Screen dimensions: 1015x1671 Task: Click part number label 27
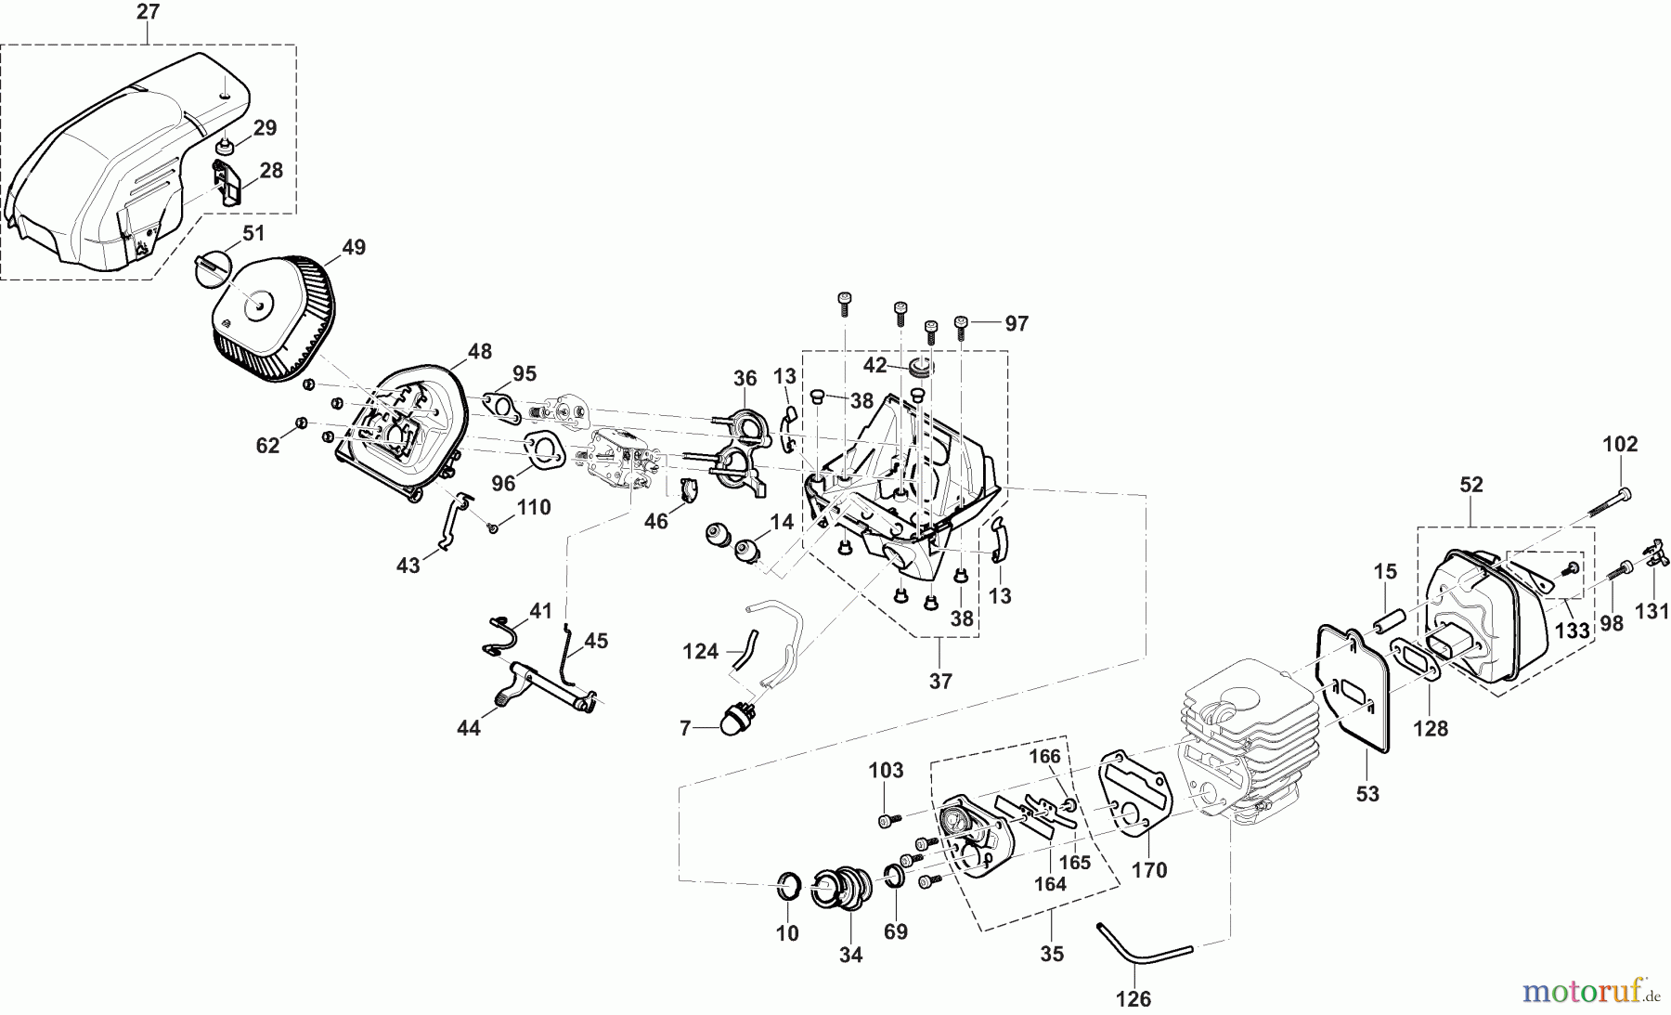pos(148,12)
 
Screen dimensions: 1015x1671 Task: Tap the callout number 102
pos(1621,444)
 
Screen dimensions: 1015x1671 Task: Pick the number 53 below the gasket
pos(1367,794)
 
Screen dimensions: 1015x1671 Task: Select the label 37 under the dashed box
pos(940,681)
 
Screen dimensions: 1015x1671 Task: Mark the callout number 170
pos(1149,870)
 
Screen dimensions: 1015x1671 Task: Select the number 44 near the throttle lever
pos(468,729)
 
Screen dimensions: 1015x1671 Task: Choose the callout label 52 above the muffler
pos(1471,484)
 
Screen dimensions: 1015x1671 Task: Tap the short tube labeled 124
pos(746,642)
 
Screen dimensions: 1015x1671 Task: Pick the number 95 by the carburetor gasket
pos(525,373)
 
